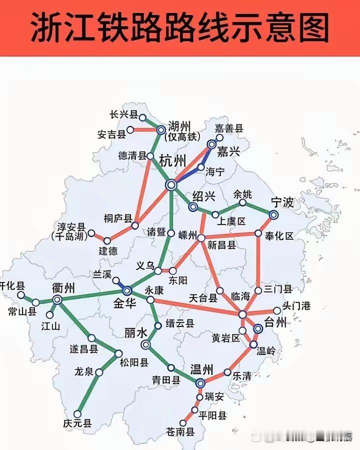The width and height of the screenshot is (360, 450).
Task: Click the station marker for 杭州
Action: (171, 185)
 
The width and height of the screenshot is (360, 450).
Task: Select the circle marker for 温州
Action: (200, 383)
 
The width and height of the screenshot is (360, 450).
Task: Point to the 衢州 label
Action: (63, 288)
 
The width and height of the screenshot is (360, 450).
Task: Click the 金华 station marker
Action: (127, 290)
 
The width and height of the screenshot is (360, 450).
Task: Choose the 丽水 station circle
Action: (146, 344)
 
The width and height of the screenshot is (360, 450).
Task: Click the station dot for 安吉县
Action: (130, 130)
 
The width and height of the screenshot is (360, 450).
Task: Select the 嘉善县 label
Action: (228, 128)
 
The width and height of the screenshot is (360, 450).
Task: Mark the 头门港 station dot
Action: (277, 310)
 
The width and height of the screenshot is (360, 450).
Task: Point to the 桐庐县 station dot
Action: (134, 226)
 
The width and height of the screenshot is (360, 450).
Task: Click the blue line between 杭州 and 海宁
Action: (187, 175)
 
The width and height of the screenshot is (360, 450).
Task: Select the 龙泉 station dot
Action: (99, 372)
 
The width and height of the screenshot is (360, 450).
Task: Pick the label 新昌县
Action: (222, 245)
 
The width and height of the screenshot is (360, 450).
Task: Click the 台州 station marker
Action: (258, 328)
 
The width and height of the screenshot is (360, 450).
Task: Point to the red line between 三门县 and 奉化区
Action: (258, 262)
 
